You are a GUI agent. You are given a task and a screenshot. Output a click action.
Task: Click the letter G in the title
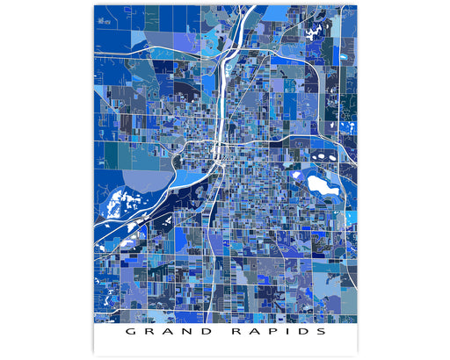coord(129,333)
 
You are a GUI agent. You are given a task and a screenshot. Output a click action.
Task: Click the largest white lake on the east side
coord(320,184)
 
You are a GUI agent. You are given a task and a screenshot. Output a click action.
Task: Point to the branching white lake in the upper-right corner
coord(315,32)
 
